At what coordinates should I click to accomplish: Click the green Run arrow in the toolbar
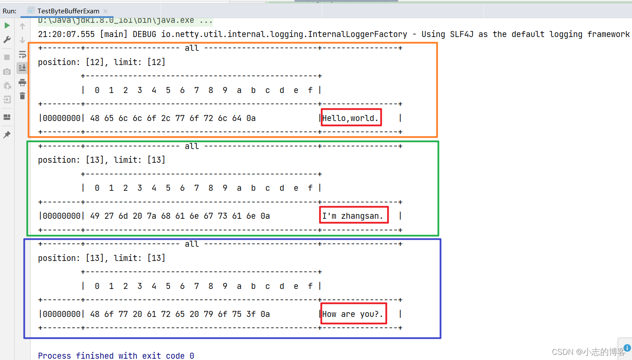click(7, 26)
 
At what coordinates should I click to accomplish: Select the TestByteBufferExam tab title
click(68, 11)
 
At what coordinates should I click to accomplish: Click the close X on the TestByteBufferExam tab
click(105, 11)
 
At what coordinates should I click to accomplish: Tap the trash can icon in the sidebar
click(22, 96)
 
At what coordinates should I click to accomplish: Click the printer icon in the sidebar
click(22, 82)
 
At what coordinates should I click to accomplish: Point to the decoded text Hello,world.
click(350, 118)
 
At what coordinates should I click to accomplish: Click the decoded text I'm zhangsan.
click(353, 216)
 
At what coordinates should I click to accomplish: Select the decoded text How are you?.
click(353, 314)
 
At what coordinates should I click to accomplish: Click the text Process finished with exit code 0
click(116, 356)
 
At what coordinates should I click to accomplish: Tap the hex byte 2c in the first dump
click(166, 118)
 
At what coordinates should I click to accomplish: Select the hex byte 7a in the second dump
click(152, 216)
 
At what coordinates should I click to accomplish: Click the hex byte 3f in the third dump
click(251, 314)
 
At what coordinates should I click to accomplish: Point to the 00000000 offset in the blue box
click(62, 314)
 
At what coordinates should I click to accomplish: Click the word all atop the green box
click(192, 146)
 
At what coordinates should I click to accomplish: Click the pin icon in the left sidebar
click(7, 135)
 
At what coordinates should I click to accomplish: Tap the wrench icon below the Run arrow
click(7, 40)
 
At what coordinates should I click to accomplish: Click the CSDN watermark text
click(588, 352)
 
